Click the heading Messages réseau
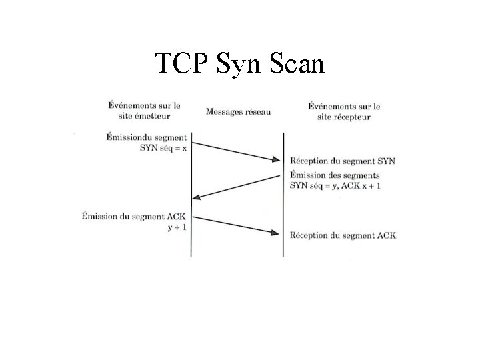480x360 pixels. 237,111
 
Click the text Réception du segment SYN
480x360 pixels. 342,162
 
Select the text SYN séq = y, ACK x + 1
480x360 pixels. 335,185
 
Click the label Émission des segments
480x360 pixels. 330,174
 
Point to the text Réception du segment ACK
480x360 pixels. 343,235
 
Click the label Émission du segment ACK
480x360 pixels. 133,215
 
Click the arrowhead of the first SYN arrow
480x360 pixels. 278,159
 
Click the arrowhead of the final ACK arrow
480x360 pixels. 278,232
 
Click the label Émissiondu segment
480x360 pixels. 147,137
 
